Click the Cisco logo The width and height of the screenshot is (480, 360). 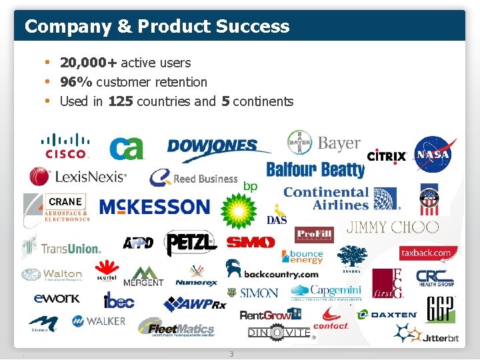65,145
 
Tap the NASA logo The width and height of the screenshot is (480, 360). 433,155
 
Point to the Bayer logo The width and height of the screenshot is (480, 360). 324,143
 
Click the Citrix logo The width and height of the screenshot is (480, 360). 387,157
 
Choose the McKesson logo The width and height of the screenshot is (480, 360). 154,207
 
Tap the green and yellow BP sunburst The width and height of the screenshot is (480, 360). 239,212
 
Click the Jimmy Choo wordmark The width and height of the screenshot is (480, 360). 393,227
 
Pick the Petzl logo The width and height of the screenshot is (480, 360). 191,244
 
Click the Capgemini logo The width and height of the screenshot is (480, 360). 326,291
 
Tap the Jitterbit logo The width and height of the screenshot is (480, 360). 427,333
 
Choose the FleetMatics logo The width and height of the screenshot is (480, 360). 177,327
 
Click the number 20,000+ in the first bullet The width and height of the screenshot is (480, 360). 88,63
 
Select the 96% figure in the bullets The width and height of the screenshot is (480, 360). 76,82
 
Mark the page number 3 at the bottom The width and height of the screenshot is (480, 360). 231,354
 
